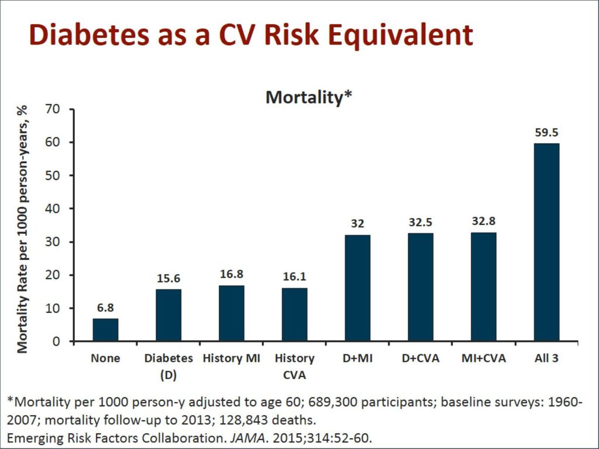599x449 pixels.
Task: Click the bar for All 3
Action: click(546, 242)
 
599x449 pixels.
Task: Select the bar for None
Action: click(105, 330)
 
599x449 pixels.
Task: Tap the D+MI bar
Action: click(357, 288)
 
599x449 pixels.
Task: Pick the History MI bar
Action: click(232, 313)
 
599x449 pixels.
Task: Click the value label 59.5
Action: click(546, 133)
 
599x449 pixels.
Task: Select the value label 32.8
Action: click(483, 222)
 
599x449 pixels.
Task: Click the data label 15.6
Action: click(168, 279)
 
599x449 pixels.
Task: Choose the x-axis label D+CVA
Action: click(421, 358)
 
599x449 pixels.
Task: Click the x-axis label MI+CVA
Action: click(483, 358)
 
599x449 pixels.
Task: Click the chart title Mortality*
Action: click(308, 97)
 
